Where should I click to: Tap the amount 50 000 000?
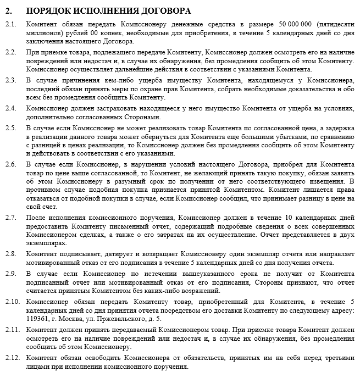click(x=295, y=25)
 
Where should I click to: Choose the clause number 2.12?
click(x=12, y=358)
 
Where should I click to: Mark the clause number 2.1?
click(x=11, y=25)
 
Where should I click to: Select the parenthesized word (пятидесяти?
click(x=335, y=25)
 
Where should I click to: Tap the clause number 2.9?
click(x=11, y=273)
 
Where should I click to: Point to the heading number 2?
click(x=8, y=10)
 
